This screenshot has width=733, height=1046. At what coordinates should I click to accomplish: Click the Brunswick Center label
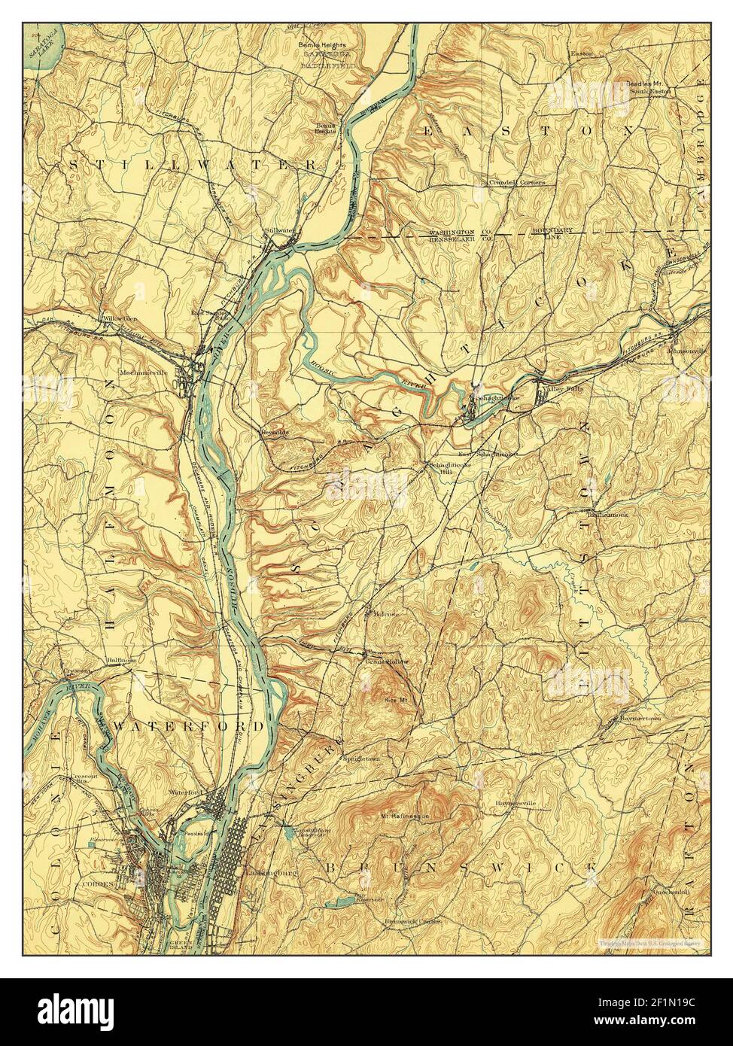(x=411, y=923)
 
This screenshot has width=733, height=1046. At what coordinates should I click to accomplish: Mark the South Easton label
(x=649, y=91)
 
